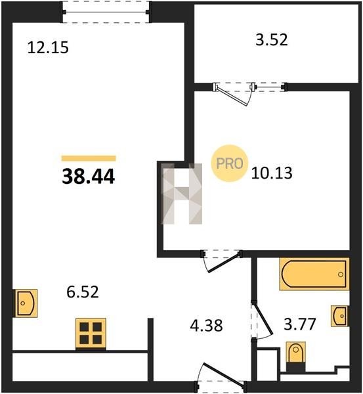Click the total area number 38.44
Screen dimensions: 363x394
[89, 177]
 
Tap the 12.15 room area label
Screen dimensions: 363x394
[48, 47]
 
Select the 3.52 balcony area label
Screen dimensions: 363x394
[272, 40]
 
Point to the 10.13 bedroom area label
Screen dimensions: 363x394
[272, 173]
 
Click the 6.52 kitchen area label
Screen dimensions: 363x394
[83, 292]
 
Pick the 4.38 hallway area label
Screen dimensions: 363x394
[206, 326]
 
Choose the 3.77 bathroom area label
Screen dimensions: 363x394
[300, 324]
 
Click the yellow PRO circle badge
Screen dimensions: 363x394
[229, 164]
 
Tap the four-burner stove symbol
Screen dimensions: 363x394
[91, 334]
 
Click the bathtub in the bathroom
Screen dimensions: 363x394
[314, 274]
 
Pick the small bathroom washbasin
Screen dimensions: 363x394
[340, 316]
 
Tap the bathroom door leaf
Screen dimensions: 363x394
[263, 319]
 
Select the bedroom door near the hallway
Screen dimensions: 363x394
[223, 263]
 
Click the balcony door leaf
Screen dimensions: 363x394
[231, 96]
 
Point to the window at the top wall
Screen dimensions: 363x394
[106, 12]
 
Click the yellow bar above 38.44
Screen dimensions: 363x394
[89, 158]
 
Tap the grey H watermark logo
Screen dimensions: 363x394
[182, 194]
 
